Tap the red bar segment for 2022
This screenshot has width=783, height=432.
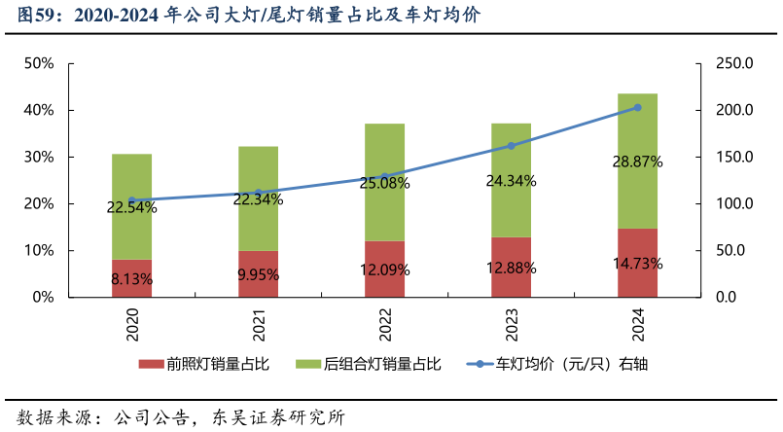[384, 269]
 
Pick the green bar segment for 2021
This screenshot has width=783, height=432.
[258, 170]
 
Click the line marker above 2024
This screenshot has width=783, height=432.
[637, 108]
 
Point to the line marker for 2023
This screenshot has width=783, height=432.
[511, 146]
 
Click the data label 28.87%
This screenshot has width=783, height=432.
[637, 162]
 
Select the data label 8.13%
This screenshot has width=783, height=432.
[132, 279]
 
